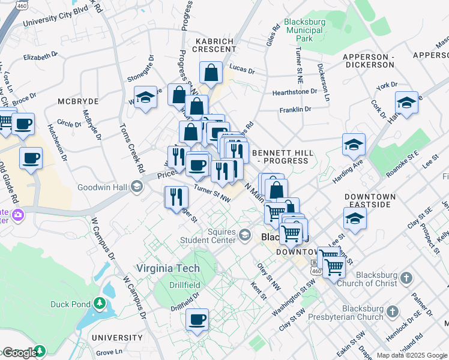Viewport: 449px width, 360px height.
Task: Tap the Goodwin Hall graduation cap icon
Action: click(x=137, y=187)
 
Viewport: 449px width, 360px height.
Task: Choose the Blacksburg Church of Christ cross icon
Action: click(x=406, y=278)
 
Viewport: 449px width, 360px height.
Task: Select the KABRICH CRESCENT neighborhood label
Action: click(x=214, y=45)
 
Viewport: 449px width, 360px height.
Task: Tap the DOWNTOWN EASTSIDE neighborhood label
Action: click(x=370, y=200)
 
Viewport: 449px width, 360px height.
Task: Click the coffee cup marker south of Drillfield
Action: click(x=196, y=320)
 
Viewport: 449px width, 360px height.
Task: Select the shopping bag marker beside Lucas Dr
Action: click(x=211, y=73)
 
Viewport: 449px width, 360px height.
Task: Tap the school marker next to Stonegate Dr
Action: click(x=145, y=98)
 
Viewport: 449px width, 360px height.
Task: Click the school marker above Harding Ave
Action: click(x=354, y=145)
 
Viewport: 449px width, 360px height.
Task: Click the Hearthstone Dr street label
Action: click(x=294, y=92)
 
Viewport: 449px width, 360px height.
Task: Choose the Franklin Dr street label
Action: click(x=295, y=110)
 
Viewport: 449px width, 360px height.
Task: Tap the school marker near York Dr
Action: click(x=406, y=103)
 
